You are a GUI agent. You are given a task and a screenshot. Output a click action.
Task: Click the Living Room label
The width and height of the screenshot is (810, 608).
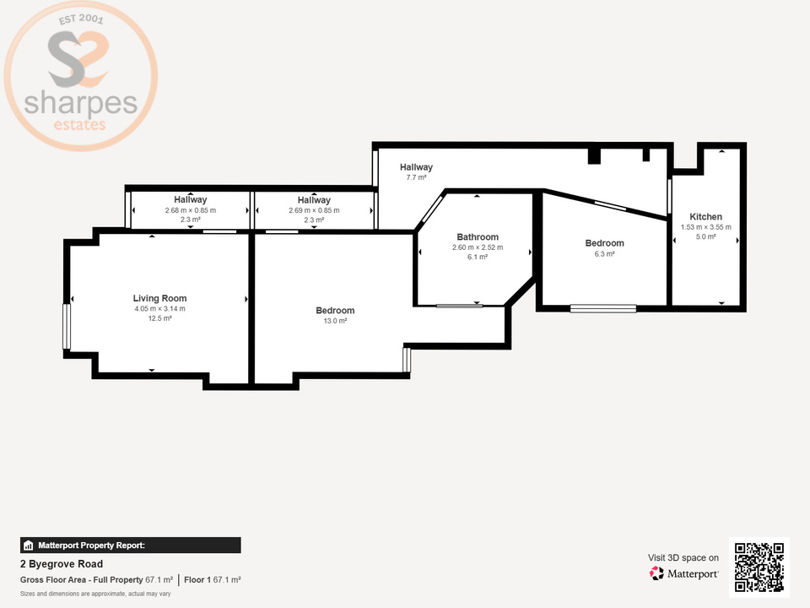[159, 298]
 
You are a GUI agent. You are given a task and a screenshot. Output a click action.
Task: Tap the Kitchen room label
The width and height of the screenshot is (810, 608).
[705, 217]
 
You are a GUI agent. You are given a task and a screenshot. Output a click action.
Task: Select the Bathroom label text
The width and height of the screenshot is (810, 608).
[478, 237]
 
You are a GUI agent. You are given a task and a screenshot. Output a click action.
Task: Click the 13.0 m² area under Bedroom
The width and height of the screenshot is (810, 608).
[335, 321]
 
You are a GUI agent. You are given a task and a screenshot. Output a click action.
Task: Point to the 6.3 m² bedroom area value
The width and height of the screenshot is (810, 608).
[604, 253]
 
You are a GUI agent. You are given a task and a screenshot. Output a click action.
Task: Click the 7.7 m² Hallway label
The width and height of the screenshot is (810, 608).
[416, 178]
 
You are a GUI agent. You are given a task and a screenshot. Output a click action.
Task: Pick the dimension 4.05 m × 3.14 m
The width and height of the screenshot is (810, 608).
[159, 309]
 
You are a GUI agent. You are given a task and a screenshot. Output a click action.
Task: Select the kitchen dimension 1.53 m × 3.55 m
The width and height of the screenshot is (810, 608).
[705, 227]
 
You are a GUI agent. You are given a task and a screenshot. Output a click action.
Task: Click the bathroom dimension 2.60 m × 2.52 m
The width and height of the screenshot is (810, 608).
[478, 247]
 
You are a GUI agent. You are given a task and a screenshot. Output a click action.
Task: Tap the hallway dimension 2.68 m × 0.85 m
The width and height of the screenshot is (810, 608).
[191, 210]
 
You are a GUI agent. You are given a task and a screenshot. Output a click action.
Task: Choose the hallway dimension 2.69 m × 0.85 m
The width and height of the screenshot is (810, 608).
[314, 210]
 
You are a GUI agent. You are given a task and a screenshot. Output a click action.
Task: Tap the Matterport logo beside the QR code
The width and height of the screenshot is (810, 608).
[684, 574]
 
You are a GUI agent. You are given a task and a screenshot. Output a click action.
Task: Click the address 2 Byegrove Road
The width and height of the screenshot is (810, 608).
[62, 564]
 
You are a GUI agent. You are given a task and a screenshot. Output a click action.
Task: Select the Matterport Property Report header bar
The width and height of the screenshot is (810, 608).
[131, 546]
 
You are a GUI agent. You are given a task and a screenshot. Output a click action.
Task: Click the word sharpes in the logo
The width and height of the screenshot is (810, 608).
[80, 105]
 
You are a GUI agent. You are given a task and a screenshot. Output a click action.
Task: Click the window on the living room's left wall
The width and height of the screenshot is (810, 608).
[67, 326]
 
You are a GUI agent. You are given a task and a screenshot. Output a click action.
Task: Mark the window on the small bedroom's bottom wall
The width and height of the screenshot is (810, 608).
[603, 309]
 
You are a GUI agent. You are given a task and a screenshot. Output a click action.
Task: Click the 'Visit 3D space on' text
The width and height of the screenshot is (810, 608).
[683, 557]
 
